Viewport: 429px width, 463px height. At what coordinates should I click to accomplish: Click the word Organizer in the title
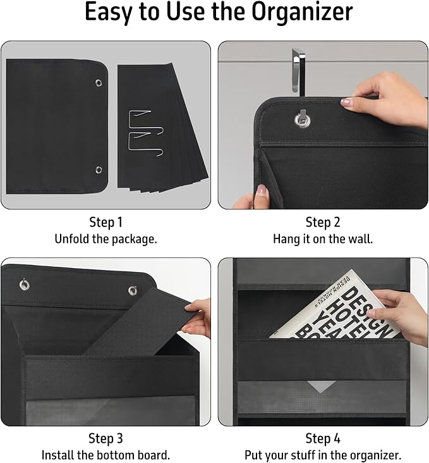point(302,12)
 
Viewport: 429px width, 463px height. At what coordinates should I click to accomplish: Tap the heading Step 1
point(106,222)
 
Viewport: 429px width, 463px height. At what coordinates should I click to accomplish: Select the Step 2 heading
point(323,222)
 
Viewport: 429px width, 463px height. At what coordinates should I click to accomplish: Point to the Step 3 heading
point(106,438)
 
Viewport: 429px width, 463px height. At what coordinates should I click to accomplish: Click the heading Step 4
point(323,438)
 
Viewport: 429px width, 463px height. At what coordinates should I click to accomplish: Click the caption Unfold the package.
point(106,239)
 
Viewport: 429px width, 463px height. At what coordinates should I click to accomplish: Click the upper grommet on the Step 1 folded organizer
point(99,83)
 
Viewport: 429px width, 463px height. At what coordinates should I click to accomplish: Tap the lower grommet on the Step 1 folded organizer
point(99,170)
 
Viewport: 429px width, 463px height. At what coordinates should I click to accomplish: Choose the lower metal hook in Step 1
point(147,145)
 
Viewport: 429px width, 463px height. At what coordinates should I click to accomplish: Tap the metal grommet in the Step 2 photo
point(302,120)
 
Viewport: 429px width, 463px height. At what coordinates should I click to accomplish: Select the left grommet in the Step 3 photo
point(24,285)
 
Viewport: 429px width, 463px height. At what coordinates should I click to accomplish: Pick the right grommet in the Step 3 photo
point(133,290)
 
